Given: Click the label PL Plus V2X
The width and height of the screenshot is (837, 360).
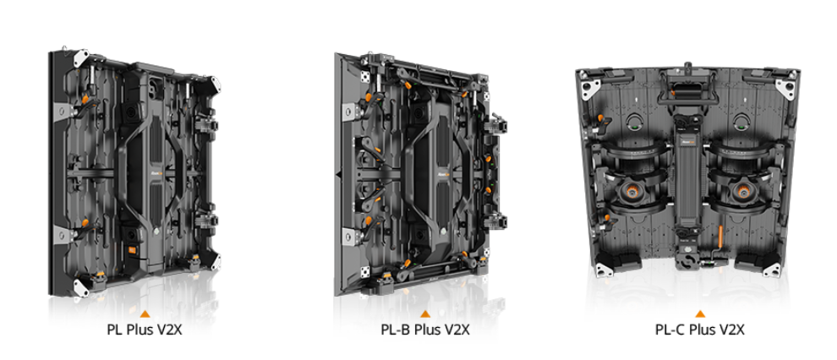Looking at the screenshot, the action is (145, 330).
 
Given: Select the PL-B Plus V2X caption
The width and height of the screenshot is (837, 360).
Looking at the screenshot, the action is (425, 330).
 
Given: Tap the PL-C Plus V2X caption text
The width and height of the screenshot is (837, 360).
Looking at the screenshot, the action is (700, 330).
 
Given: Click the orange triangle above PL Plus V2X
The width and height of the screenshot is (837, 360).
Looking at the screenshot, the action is (145, 314).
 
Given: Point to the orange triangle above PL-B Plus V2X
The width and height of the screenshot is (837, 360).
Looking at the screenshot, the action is (425, 314).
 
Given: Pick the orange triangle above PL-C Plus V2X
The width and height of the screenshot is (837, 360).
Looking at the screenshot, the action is (700, 314).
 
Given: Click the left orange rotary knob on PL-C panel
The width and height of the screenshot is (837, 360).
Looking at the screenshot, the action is (632, 190).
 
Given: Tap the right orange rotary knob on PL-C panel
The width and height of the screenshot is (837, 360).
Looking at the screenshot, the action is (742, 190).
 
